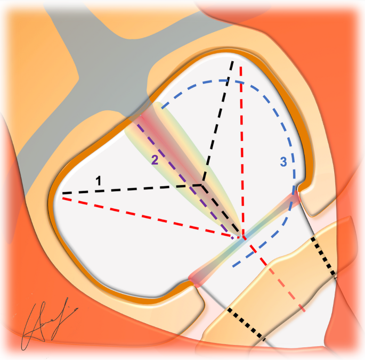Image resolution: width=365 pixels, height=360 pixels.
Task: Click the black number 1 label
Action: coord(99,181)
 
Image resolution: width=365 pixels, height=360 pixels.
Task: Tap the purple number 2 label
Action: coord(155,159)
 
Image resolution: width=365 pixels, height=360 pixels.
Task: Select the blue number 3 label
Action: coord(284,160)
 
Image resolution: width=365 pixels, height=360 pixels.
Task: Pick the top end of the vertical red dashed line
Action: coord(241,67)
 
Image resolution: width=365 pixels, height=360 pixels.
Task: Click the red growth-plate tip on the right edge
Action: coord(295,198)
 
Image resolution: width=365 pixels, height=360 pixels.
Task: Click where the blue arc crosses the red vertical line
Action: coord(241,82)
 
